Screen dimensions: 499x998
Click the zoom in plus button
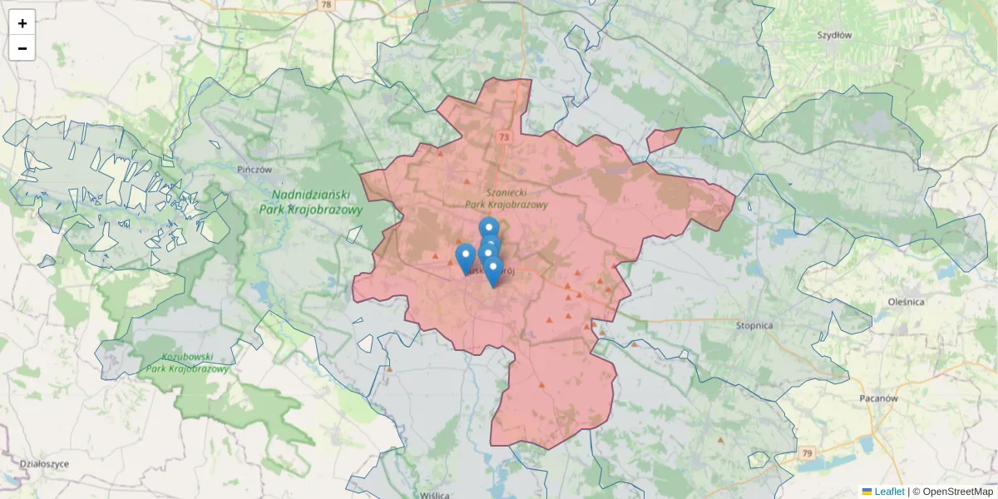(x=22, y=23)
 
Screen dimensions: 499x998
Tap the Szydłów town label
(x=834, y=35)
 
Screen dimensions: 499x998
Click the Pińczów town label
(x=254, y=169)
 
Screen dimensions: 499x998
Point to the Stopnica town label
(x=754, y=325)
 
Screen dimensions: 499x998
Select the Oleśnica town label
(x=906, y=301)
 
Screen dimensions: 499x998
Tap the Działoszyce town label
(x=44, y=463)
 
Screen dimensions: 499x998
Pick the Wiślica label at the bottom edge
(x=435, y=494)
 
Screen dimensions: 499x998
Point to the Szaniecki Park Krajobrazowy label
(x=506, y=198)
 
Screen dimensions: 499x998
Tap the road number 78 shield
(x=326, y=5)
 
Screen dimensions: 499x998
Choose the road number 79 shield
(x=806, y=453)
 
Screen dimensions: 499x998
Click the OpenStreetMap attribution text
(x=952, y=492)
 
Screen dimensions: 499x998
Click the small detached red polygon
(x=663, y=140)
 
